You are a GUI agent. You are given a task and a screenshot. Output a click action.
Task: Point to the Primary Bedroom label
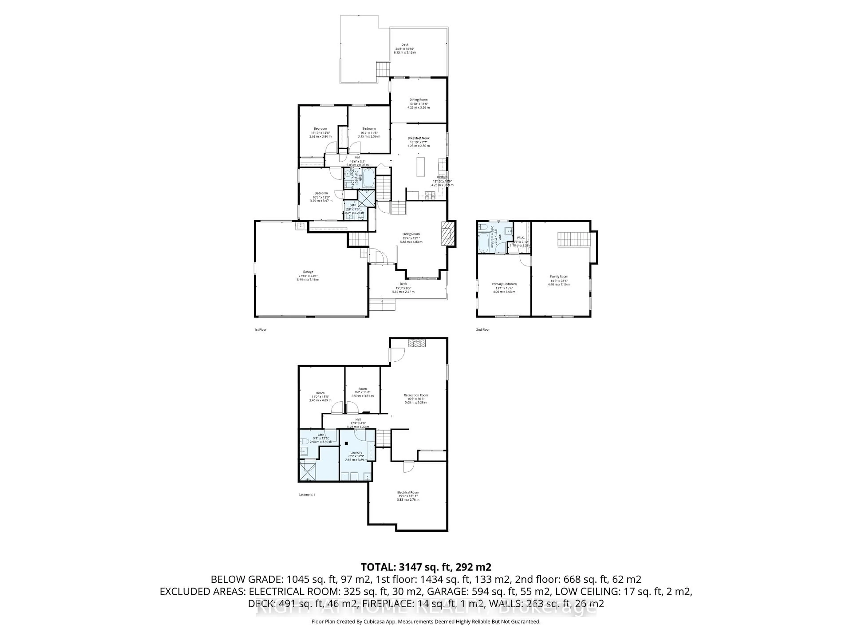point(504,284)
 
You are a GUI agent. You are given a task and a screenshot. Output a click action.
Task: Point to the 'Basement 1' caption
point(307,495)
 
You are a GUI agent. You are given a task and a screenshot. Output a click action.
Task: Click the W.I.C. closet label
point(520,237)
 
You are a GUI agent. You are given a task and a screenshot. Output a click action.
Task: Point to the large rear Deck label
point(405,45)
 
